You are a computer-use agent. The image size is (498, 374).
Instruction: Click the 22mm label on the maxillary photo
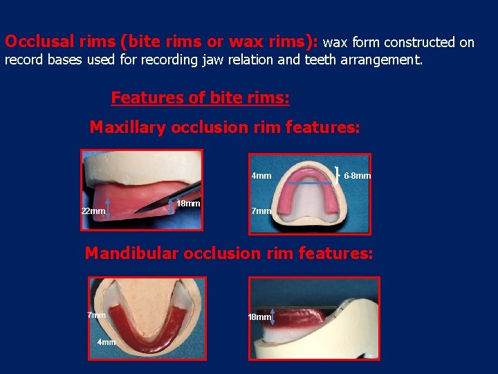point(93,211)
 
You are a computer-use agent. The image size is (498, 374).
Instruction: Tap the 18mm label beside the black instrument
point(188,204)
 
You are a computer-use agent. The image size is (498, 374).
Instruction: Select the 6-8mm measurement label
point(358,176)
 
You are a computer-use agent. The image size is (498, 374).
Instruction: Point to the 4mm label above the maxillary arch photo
point(261,176)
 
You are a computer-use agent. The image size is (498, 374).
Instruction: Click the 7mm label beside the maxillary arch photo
point(261,211)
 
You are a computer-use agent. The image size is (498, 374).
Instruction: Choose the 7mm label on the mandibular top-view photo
point(97,315)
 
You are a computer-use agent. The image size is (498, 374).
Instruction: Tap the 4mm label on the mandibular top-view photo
point(107,342)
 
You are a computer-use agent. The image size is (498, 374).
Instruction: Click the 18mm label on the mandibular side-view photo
point(259,317)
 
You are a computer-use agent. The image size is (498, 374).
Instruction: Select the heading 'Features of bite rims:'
point(200,98)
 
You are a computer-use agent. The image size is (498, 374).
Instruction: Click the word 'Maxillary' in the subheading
point(128,127)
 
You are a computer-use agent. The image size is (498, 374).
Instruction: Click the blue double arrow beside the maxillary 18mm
point(172,206)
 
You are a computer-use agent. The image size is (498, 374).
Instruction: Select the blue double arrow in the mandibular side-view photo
point(273,317)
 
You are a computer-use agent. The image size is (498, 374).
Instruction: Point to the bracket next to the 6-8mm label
point(337,173)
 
